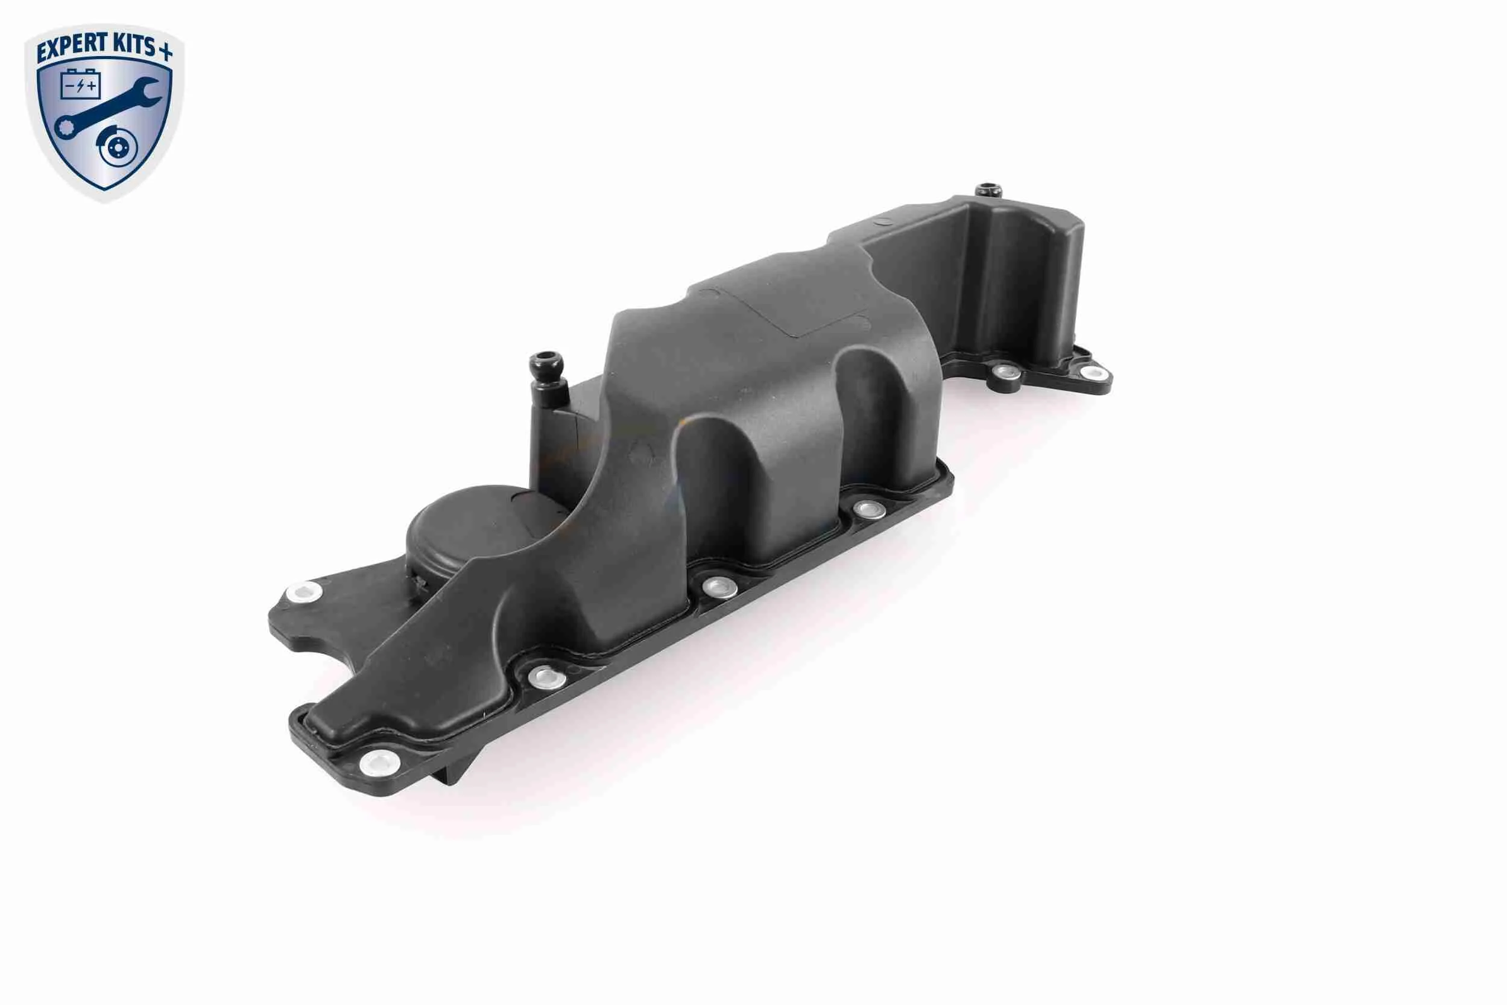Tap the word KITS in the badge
(133, 45)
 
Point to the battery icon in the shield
(80, 84)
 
